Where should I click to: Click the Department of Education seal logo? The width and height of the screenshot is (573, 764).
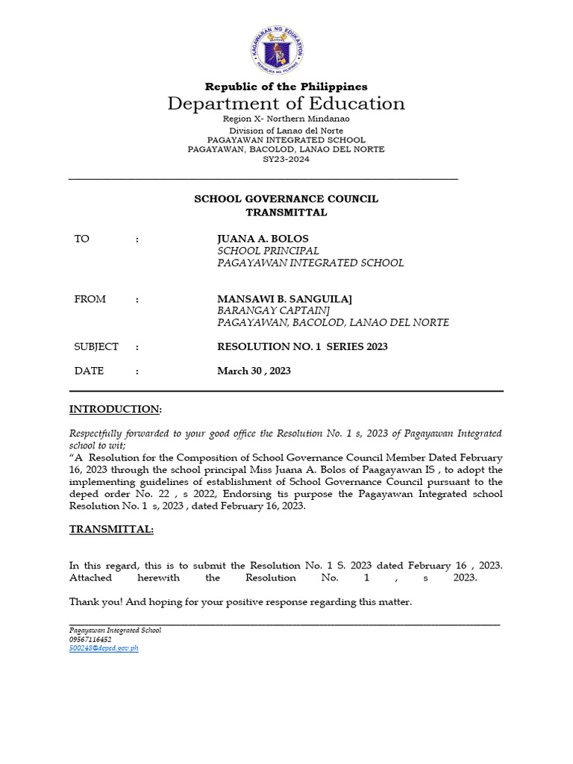point(286,47)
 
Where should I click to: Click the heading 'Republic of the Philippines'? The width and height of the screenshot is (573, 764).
point(286,87)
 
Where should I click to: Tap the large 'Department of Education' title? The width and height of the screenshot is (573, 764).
point(286,104)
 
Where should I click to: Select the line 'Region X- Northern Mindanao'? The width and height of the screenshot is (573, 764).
point(286,119)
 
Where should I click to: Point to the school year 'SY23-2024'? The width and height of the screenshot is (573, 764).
point(286,160)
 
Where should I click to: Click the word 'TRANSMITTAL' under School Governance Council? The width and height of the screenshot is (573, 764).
point(286,213)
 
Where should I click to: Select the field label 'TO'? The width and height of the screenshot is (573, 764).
point(81,239)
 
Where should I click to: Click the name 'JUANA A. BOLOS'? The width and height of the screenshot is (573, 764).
point(263,239)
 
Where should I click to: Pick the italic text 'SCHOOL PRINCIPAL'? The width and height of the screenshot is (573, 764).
point(268,251)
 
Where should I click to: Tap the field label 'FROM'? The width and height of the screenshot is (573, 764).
point(90,299)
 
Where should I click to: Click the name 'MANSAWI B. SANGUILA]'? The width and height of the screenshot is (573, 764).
point(284,299)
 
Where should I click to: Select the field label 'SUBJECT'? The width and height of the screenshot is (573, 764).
point(96,347)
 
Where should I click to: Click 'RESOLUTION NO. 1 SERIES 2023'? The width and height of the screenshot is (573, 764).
point(302,347)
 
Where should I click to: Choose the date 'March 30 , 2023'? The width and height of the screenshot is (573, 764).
point(254,371)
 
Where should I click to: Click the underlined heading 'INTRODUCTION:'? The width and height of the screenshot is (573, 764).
point(116,410)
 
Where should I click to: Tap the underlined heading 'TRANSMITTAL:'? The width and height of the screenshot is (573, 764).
point(112,529)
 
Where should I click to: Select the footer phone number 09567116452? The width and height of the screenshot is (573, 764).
point(90,639)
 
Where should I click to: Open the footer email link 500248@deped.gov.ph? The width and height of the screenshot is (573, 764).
point(104,648)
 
